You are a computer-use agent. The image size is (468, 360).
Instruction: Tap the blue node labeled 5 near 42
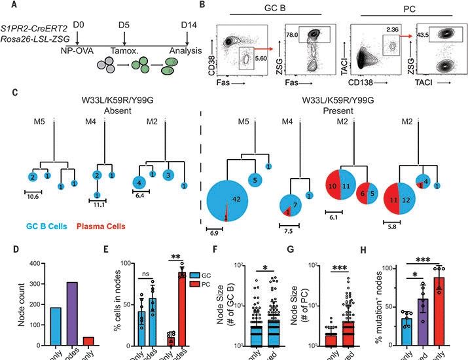click(253, 179)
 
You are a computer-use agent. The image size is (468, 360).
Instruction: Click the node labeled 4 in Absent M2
click(139, 181)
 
